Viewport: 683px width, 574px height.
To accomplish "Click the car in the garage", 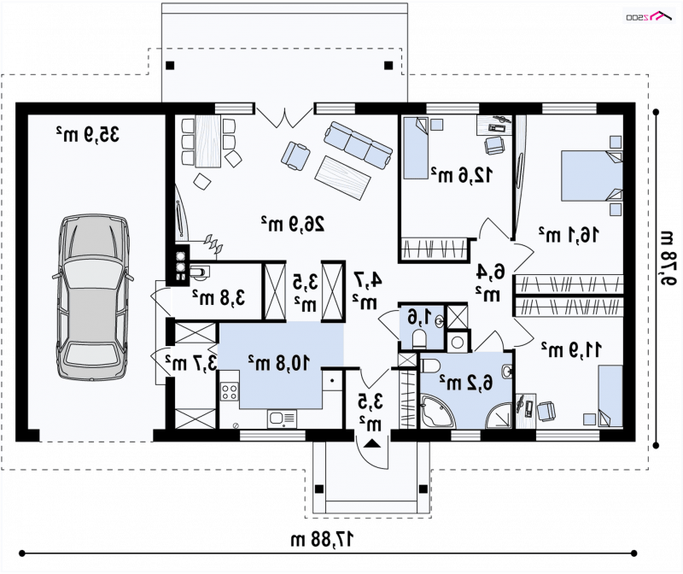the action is pyautogui.click(x=93, y=298).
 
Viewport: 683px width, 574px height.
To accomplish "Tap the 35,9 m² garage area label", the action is pyautogui.click(x=88, y=134).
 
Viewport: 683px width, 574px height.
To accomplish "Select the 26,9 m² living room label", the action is pyautogui.click(x=293, y=224).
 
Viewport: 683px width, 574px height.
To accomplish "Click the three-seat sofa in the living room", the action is pyautogui.click(x=358, y=145).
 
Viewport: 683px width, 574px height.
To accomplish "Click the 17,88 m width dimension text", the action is pyautogui.click(x=322, y=540).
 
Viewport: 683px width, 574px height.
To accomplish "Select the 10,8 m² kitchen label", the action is pyautogui.click(x=279, y=362).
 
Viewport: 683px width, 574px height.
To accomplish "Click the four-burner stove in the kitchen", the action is pyautogui.click(x=229, y=390).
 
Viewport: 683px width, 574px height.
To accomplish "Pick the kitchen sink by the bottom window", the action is pyautogui.click(x=282, y=419).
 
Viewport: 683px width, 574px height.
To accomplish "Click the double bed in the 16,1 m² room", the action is pyautogui.click(x=592, y=175).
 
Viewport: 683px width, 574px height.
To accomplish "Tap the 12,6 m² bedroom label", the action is pyautogui.click(x=462, y=175).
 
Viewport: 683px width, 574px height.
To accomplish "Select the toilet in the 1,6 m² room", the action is pyautogui.click(x=419, y=338).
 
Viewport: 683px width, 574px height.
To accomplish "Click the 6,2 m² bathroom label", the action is pyautogui.click(x=465, y=382).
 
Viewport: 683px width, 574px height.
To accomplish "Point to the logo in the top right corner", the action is pyautogui.click(x=648, y=16).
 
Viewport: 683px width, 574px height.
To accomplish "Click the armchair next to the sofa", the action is pyautogui.click(x=295, y=155).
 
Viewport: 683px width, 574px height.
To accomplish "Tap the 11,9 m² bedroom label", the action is pyautogui.click(x=571, y=349).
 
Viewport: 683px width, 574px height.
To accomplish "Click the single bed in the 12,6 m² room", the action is pyautogui.click(x=416, y=148).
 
